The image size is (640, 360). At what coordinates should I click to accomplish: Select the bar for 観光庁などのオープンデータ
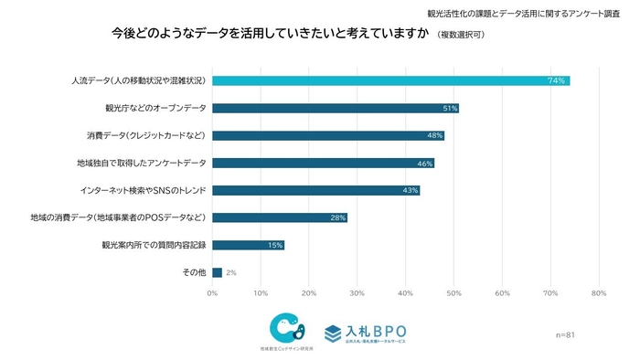click(335, 108)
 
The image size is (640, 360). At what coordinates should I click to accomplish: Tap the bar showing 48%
click(327, 135)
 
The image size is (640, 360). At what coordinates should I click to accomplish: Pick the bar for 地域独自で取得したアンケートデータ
click(323, 163)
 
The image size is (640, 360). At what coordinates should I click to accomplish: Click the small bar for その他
click(217, 272)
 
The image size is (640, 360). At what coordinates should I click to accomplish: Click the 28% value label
click(337, 217)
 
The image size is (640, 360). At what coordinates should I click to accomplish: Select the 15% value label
click(274, 245)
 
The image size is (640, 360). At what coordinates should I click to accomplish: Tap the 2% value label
click(231, 272)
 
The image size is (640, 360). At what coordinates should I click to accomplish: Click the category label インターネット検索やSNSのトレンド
click(143, 190)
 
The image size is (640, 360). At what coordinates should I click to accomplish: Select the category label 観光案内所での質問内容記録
click(154, 245)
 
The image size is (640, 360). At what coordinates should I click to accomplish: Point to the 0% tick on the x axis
click(212, 293)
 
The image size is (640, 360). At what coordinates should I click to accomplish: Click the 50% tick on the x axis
click(453, 293)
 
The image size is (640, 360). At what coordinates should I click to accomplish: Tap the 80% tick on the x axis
click(599, 293)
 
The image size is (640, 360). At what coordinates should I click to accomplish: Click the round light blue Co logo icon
click(286, 327)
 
